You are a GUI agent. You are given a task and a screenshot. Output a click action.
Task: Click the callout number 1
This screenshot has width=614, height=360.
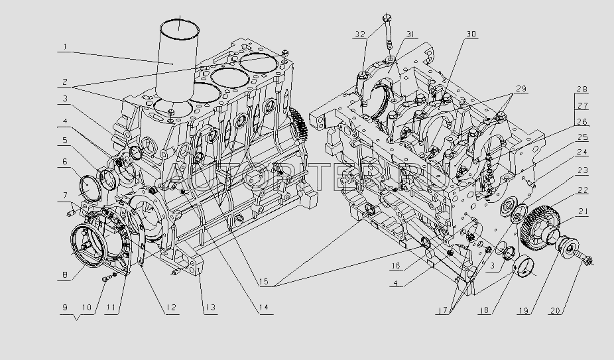[x=65, y=47]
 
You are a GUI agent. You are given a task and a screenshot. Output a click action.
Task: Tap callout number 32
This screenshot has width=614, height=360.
[x=359, y=34]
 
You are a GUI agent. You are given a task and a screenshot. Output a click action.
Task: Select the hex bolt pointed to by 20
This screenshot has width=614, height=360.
[x=585, y=261]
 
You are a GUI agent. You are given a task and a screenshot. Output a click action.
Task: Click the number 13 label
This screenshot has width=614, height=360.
[x=210, y=308]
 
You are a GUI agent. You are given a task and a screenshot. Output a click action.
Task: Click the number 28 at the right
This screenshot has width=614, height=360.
[x=582, y=89]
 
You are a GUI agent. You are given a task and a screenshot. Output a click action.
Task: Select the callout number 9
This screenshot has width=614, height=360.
[x=64, y=308]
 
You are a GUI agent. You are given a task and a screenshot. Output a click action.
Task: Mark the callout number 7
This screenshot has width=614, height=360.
[x=65, y=195]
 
